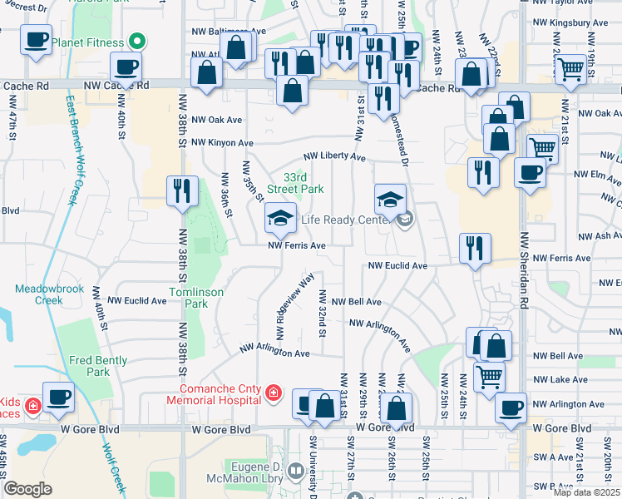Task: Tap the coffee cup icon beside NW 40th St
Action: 126,67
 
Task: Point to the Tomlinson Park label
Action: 188,298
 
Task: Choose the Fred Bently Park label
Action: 98,366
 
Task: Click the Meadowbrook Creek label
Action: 38,294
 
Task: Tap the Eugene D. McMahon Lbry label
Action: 259,472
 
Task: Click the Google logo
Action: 27,489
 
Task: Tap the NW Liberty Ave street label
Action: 334,156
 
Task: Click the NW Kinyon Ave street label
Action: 222,143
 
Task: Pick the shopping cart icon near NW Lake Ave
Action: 489,376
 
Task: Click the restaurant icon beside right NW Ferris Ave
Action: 475,249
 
